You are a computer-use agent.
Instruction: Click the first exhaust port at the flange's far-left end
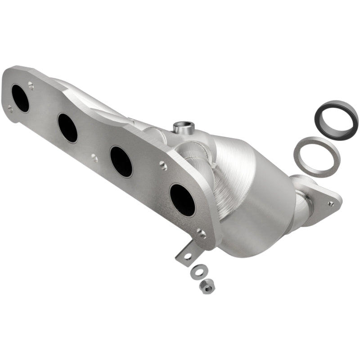[20, 98]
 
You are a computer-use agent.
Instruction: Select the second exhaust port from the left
[67, 128]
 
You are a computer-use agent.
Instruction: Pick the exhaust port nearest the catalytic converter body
[182, 200]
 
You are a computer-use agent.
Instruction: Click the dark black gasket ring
[336, 119]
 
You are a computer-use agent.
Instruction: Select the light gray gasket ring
[316, 156]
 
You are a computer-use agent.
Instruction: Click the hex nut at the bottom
[207, 286]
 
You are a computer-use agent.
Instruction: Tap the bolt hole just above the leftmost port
[31, 84]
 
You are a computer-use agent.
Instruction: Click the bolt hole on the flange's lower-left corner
[10, 108]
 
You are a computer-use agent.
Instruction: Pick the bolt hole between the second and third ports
[94, 158]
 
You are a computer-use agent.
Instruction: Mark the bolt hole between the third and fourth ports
[163, 166]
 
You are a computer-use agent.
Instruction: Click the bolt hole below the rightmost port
[202, 233]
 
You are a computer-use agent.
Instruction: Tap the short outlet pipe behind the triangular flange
[302, 207]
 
